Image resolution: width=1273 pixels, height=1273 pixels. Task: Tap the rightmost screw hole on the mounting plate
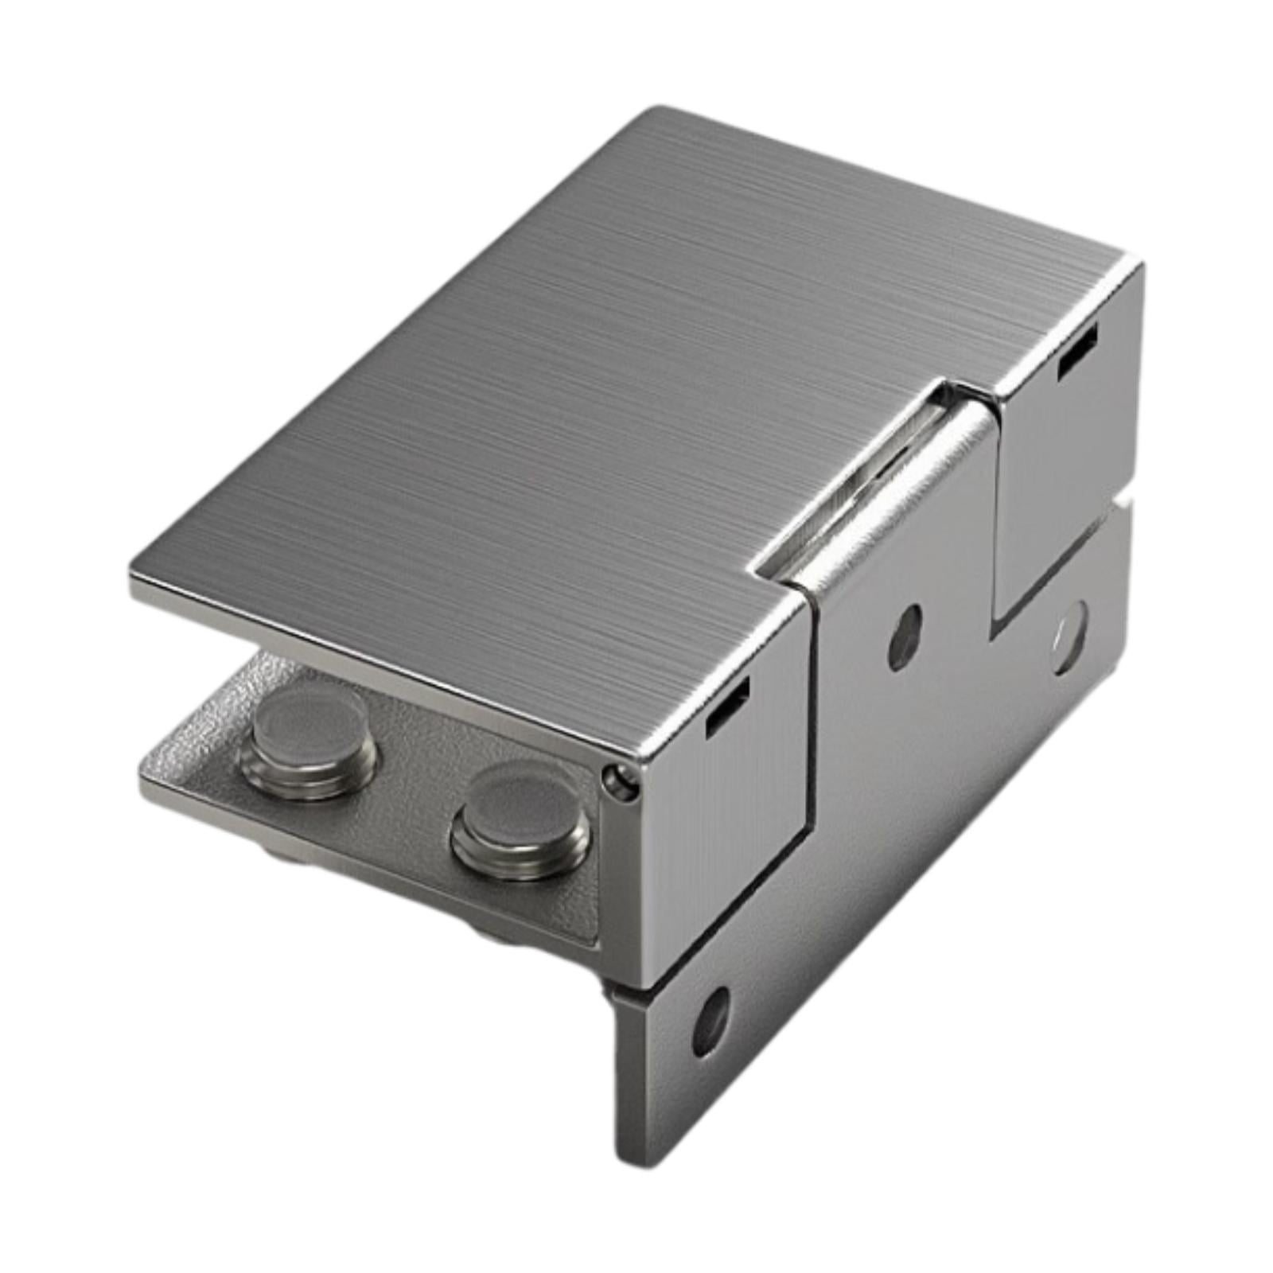[x=1070, y=626]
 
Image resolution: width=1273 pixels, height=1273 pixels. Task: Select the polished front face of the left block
[x=724, y=796]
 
